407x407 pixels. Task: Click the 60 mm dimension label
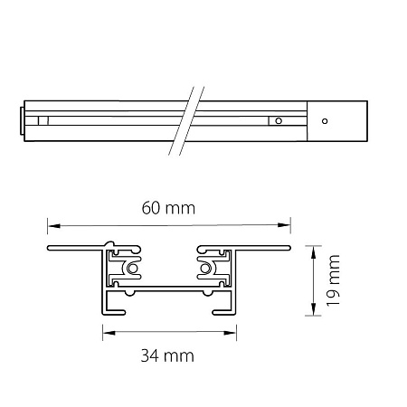168,208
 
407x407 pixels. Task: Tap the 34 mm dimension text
167,355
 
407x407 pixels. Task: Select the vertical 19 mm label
334,280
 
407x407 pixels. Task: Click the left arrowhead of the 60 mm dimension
54,225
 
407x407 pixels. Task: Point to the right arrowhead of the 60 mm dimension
284,225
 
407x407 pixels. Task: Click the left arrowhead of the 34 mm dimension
109,333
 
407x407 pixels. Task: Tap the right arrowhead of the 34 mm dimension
230,333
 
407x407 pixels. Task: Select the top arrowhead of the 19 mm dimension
313,252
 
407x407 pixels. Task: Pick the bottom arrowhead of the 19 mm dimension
313,309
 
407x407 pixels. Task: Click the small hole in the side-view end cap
325,121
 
